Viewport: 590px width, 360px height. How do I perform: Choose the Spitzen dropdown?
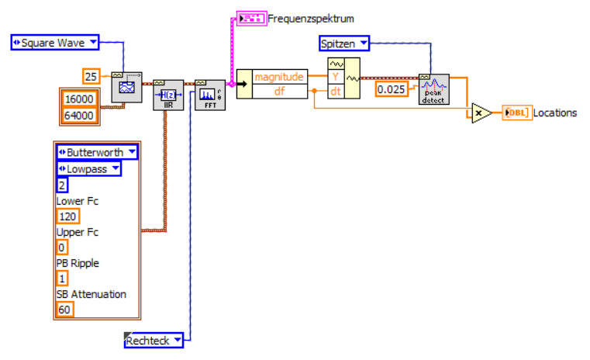click(x=344, y=43)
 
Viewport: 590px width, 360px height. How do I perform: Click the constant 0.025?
click(x=391, y=90)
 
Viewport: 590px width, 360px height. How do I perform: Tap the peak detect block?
click(x=433, y=89)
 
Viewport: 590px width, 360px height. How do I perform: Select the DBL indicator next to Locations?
click(x=516, y=112)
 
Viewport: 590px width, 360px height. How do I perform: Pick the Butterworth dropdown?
click(x=97, y=152)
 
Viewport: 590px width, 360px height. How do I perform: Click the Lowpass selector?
click(x=88, y=168)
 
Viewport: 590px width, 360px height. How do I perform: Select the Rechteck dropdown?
click(x=155, y=340)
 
